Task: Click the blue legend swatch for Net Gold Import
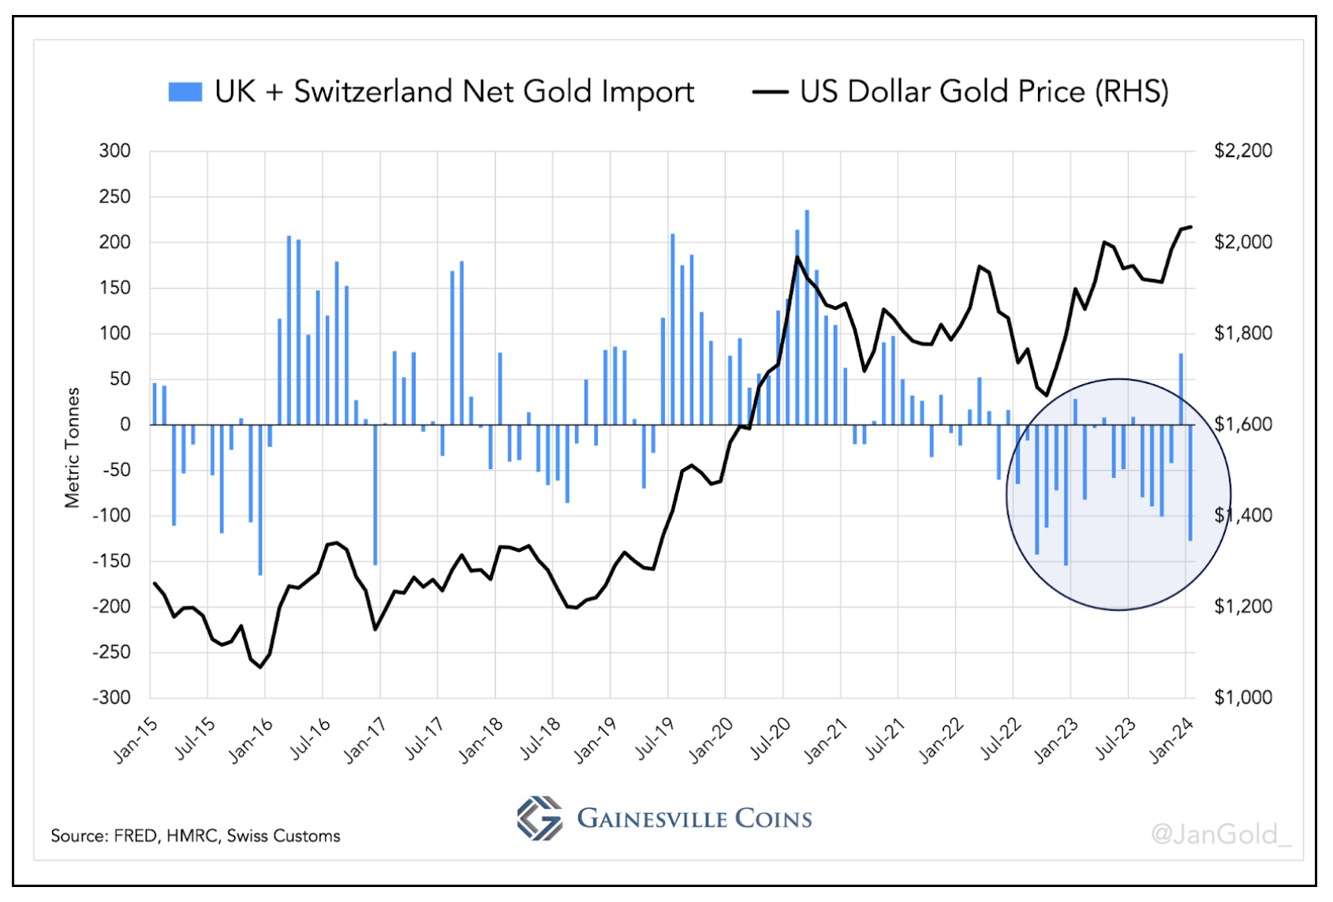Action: [x=185, y=91]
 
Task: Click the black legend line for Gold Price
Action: [x=770, y=92]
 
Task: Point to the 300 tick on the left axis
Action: [x=114, y=151]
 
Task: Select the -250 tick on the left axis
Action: [x=111, y=652]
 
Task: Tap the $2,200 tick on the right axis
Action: [x=1243, y=151]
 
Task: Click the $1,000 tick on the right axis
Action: [x=1243, y=698]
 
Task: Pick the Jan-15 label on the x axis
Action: [x=136, y=741]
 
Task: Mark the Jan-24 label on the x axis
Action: [x=1171, y=741]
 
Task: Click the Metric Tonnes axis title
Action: [x=73, y=448]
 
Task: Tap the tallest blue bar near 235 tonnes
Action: [x=807, y=315]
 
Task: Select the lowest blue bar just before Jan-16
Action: [x=260, y=500]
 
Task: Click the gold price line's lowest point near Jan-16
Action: [x=261, y=668]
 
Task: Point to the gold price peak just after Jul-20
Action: [x=797, y=257]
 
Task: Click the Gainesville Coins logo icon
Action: [x=540, y=818]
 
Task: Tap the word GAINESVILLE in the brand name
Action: [x=650, y=818]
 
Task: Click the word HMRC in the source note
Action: [x=192, y=836]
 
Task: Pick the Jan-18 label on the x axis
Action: [x=481, y=741]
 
